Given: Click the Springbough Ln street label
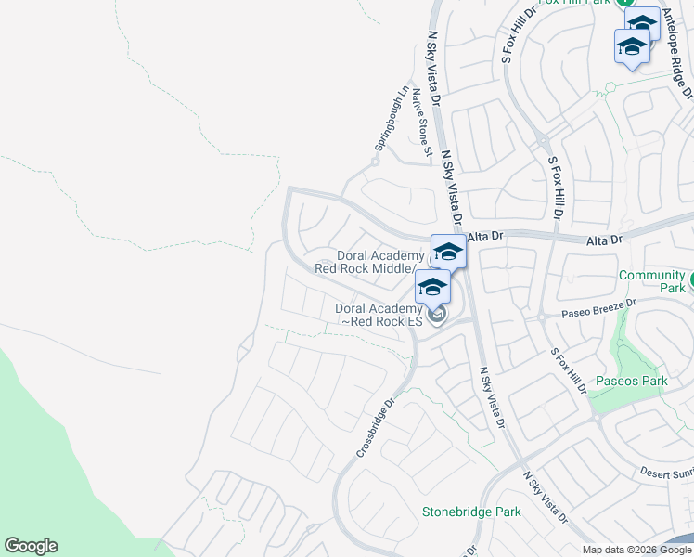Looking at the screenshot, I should pyautogui.click(x=392, y=120).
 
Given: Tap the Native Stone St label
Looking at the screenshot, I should pyautogui.click(x=423, y=122).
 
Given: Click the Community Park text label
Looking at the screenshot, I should pyautogui.click(x=651, y=282).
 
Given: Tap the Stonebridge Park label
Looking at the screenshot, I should pyautogui.click(x=471, y=512).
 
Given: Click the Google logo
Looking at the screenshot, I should pyautogui.click(x=31, y=546).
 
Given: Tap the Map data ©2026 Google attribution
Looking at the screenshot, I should pyautogui.click(x=636, y=550).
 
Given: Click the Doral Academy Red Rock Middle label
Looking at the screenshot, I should pyautogui.click(x=366, y=262).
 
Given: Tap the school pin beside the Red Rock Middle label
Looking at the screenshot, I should pyautogui.click(x=448, y=251).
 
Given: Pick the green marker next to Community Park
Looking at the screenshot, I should pyautogui.click(x=691, y=278).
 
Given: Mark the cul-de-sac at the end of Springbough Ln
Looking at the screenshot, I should pyautogui.click(x=375, y=162).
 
